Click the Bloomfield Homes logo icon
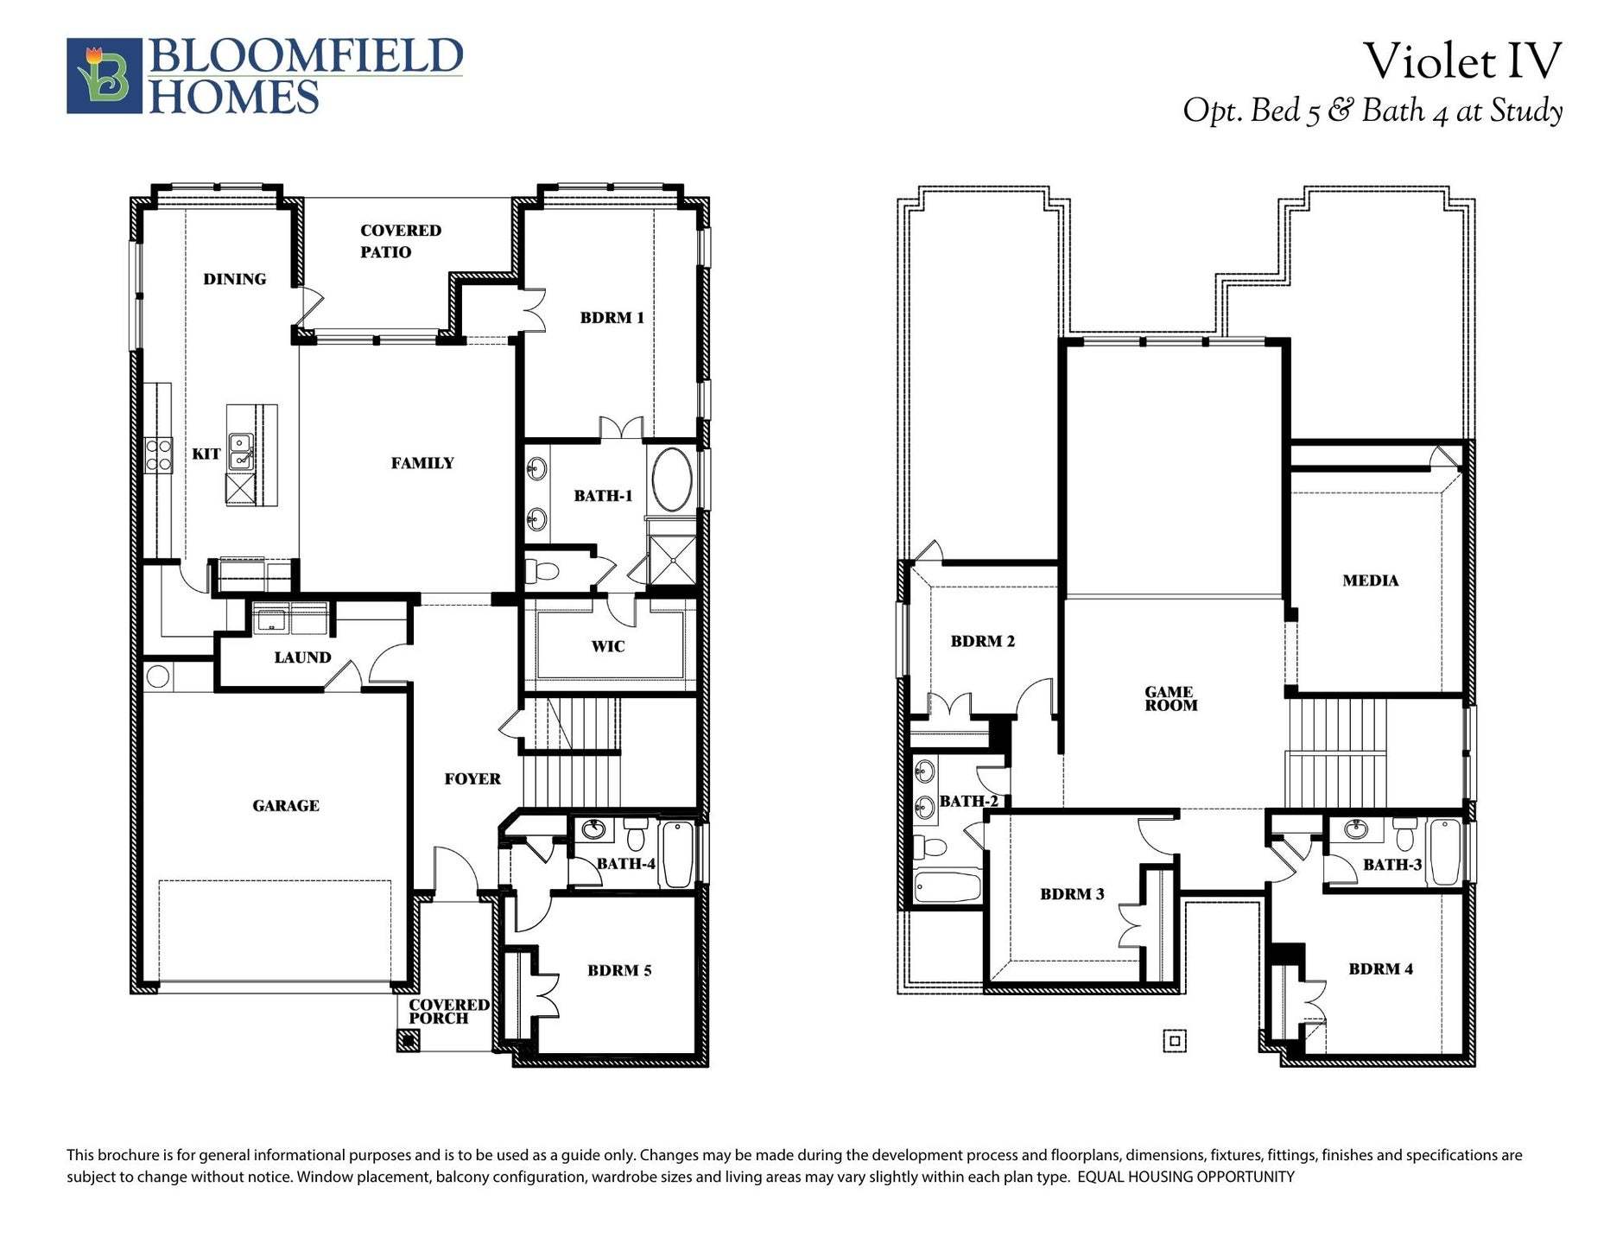pos(105,75)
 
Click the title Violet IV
pos(1461,61)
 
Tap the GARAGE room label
pos(286,806)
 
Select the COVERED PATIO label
pos(399,241)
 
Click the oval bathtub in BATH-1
pos(671,479)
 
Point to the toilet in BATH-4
pos(636,835)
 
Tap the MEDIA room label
pos(1370,581)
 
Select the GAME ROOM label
pos(1170,698)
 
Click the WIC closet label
pos(607,646)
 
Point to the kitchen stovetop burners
pos(159,455)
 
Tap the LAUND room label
pos(302,657)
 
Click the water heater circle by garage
pos(157,676)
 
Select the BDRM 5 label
pos(619,970)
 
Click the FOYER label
pos(472,779)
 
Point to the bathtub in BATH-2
pos(948,886)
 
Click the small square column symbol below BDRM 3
pos(1174,1041)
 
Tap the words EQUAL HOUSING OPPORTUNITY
pos(1186,1177)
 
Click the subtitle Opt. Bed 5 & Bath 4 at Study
pos(1372,111)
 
